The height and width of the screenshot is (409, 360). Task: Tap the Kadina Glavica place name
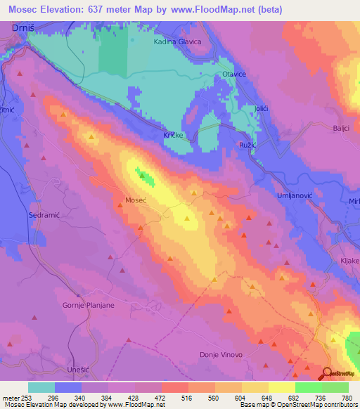(x=178, y=42)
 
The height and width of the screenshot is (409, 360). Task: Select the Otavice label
(x=233, y=74)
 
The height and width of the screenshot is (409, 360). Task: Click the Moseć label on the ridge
(x=135, y=200)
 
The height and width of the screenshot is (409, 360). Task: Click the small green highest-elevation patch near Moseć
(x=146, y=176)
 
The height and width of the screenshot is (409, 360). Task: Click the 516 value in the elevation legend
(x=188, y=398)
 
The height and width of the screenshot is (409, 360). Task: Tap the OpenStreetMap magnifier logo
(x=327, y=374)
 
